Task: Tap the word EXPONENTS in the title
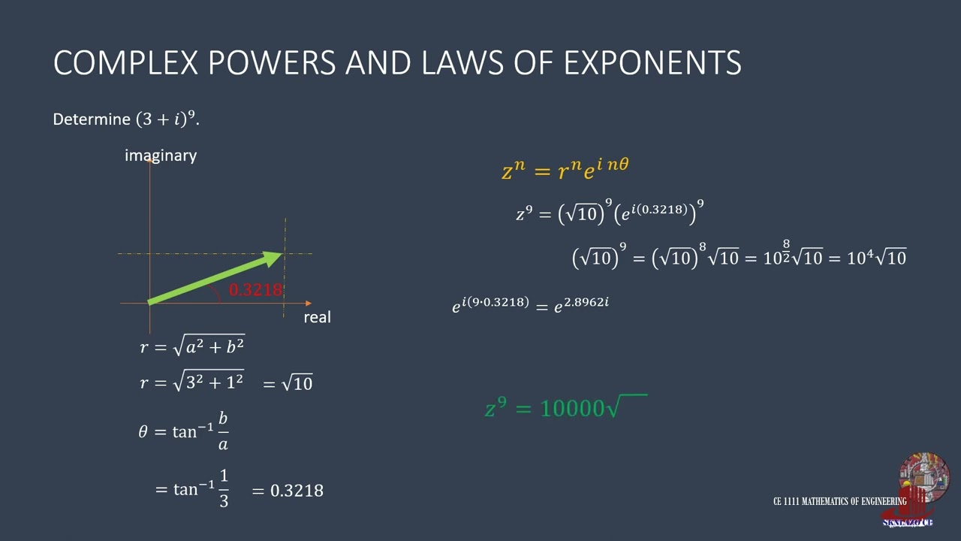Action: [652, 62]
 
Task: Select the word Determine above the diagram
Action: [92, 119]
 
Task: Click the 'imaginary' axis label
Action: [161, 156]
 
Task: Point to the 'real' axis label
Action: [317, 317]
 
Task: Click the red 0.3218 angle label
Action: [255, 290]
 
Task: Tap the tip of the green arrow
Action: [280, 255]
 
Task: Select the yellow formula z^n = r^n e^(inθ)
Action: [565, 170]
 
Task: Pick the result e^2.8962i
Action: [581, 304]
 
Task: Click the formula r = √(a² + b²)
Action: [192, 346]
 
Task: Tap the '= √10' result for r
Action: [288, 383]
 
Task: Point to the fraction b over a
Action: [223, 431]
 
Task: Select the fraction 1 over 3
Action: [224, 488]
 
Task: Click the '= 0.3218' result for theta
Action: [288, 491]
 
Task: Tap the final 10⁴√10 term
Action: [876, 258]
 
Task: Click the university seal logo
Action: [923, 478]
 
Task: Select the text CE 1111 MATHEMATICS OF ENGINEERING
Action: [839, 501]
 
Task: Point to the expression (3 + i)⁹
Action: [166, 119]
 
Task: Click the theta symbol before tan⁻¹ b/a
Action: [143, 432]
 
